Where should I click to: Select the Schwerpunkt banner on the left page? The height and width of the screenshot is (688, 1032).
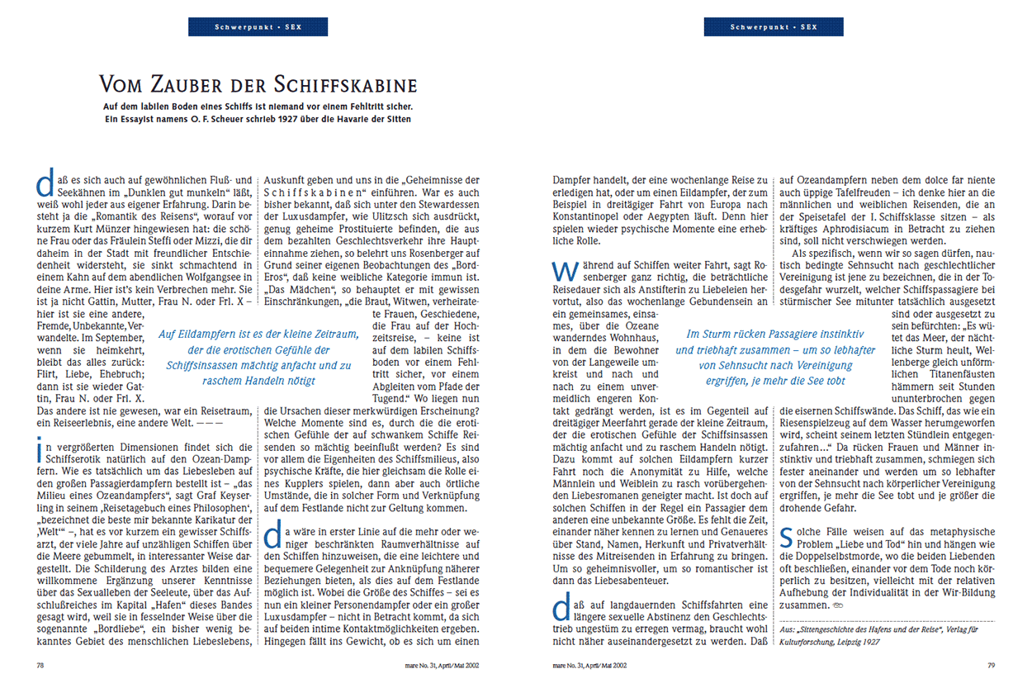click(258, 27)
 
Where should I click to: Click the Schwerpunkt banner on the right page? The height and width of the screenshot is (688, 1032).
click(774, 27)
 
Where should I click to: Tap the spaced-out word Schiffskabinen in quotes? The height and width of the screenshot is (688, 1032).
click(318, 193)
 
